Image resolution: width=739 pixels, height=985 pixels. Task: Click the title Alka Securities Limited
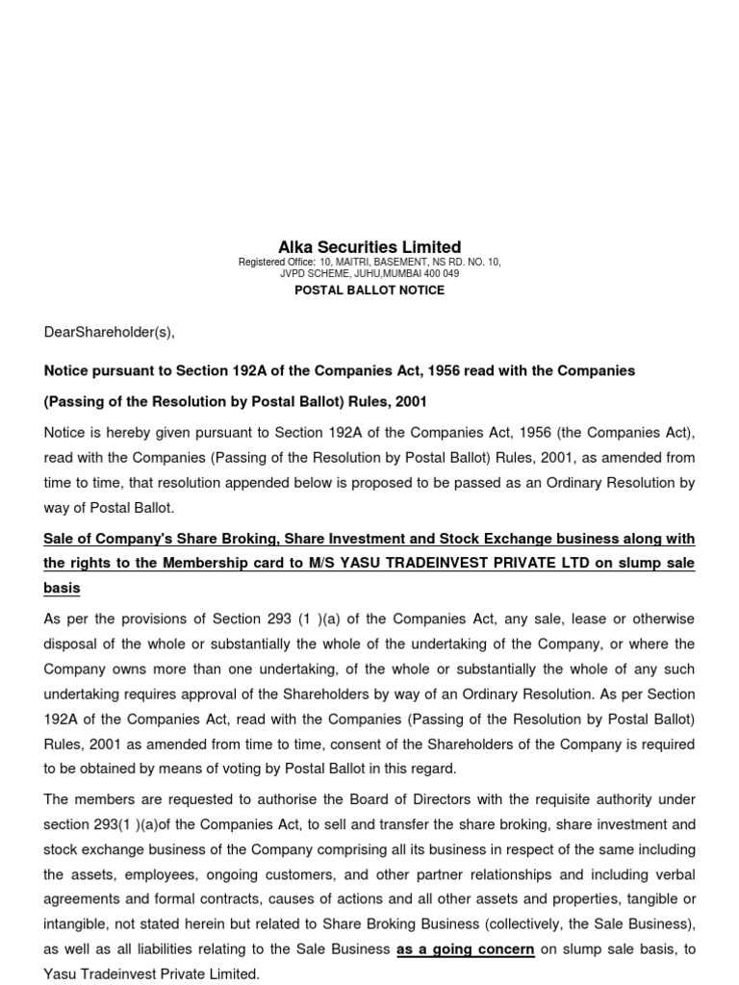click(369, 247)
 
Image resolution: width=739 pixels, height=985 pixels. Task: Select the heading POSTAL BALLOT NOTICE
click(369, 290)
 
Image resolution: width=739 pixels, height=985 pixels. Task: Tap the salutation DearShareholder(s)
click(110, 333)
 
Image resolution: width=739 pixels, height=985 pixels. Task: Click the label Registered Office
click(273, 263)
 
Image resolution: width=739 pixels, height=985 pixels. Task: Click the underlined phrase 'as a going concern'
click(466, 948)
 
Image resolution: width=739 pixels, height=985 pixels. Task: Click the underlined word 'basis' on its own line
click(63, 588)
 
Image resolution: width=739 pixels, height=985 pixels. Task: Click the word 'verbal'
click(673, 874)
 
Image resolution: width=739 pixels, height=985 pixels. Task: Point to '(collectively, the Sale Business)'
click(589, 924)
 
